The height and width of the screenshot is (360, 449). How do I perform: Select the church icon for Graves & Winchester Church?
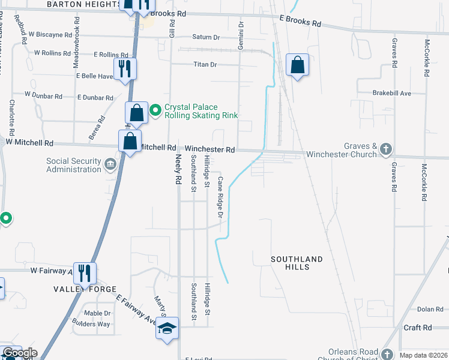(x=385, y=148)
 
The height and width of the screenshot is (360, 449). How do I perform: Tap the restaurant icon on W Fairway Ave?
(x=85, y=273)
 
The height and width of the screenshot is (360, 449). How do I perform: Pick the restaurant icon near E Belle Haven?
(x=125, y=68)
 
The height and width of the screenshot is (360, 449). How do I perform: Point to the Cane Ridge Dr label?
(x=220, y=197)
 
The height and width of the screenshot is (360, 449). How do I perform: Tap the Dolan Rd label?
(x=430, y=309)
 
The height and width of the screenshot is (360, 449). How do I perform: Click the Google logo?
(x=20, y=353)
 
